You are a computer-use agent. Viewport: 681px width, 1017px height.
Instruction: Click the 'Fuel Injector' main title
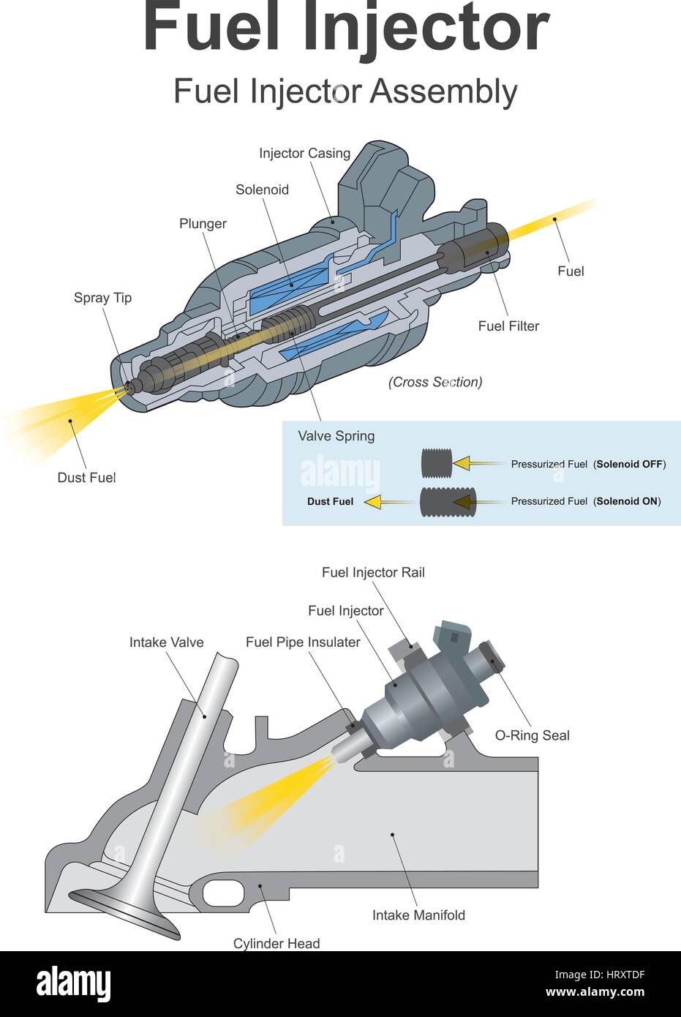click(345, 28)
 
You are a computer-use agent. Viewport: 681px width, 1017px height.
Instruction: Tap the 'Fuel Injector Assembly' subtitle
click(345, 92)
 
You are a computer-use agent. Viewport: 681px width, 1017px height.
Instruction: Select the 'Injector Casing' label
click(304, 154)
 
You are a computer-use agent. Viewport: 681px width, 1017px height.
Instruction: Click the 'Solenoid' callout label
click(262, 190)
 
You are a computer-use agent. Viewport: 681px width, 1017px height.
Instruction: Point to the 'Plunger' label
click(203, 224)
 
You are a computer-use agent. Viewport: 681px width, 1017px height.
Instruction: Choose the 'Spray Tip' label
click(102, 298)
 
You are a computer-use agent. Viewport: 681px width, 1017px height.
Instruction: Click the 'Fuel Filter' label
click(508, 326)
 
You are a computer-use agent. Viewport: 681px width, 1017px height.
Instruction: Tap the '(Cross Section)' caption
click(435, 382)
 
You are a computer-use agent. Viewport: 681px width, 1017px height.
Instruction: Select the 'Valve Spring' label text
click(336, 436)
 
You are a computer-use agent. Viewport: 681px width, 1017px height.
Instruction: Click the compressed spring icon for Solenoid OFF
click(432, 464)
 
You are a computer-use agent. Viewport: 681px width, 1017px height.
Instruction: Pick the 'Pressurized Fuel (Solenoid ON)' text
click(585, 502)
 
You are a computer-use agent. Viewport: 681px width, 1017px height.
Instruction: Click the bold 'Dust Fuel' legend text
click(330, 502)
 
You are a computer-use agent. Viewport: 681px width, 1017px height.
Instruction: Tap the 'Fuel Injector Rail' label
click(373, 573)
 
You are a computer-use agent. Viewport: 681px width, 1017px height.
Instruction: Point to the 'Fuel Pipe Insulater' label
click(303, 642)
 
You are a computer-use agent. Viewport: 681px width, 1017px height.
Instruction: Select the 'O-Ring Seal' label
click(532, 736)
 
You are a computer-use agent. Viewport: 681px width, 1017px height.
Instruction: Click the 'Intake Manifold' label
click(418, 915)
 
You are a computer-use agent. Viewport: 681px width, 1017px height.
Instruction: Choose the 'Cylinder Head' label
click(276, 944)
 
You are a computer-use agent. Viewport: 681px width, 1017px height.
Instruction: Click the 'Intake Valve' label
click(166, 642)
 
